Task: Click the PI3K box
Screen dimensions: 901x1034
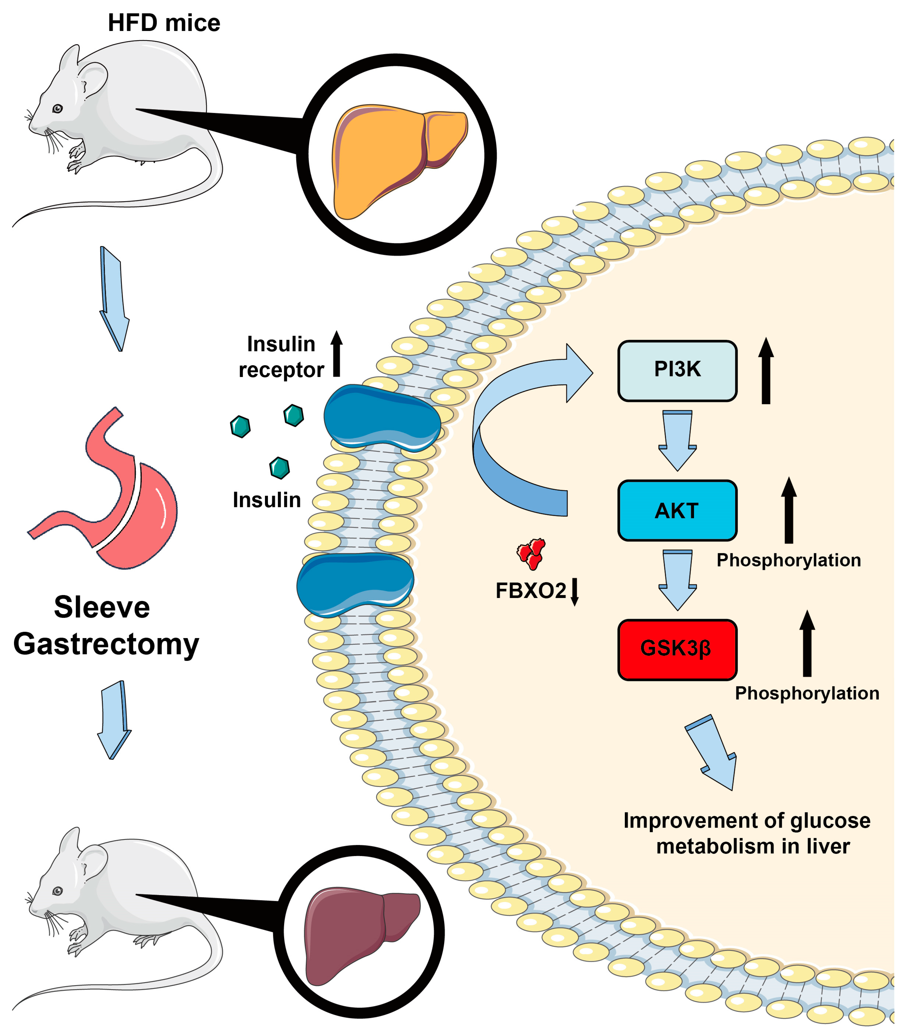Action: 677,371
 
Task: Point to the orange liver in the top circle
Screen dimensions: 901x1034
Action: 392,158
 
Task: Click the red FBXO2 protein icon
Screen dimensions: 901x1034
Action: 531,553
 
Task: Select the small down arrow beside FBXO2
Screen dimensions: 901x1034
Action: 575,592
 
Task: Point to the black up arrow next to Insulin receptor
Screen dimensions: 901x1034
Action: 336,354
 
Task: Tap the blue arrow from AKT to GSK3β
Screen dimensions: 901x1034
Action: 677,580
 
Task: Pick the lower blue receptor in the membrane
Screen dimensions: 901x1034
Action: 355,585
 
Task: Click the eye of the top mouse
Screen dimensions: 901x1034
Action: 58,109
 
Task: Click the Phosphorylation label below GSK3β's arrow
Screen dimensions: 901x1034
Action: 807,693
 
